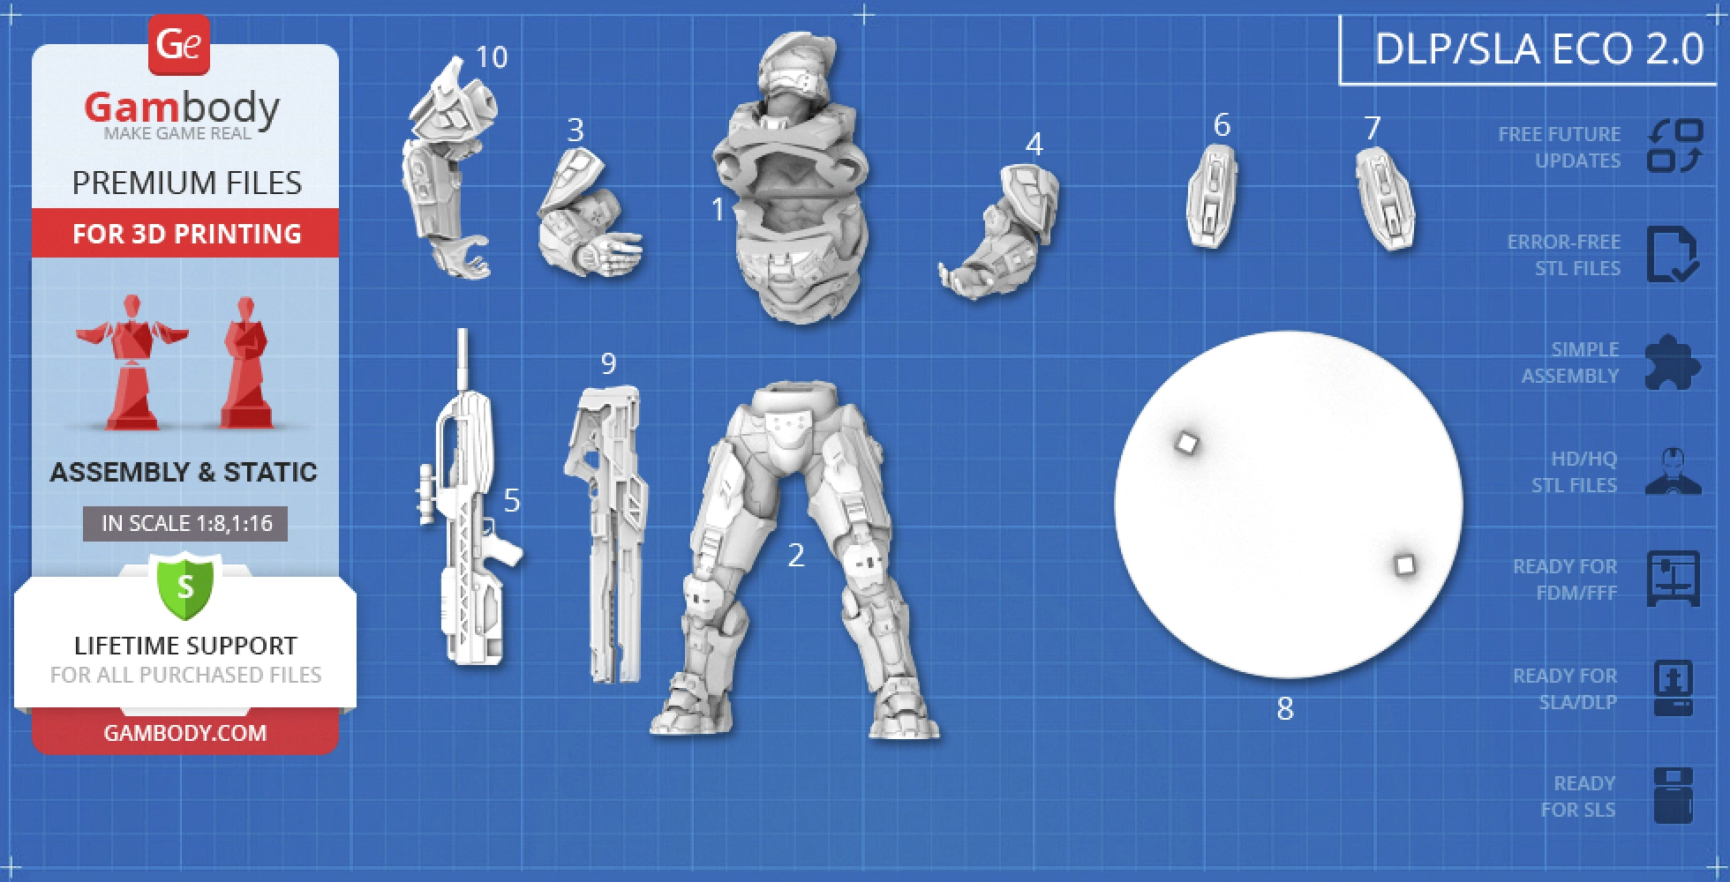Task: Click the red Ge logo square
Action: point(178,44)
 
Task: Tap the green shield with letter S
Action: point(185,586)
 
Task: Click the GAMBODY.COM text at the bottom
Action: point(185,733)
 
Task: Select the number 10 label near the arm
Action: point(491,57)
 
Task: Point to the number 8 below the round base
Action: point(1285,708)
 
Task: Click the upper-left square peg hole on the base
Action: point(1187,443)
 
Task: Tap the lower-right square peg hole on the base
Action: point(1404,564)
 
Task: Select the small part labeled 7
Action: point(1385,199)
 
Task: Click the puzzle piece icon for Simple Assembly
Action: point(1673,363)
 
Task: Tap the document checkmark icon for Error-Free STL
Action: point(1672,255)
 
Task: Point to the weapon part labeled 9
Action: point(609,529)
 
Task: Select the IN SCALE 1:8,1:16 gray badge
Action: point(185,523)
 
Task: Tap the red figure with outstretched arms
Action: point(132,362)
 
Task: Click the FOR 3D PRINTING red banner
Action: point(185,234)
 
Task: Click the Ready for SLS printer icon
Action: point(1673,796)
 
